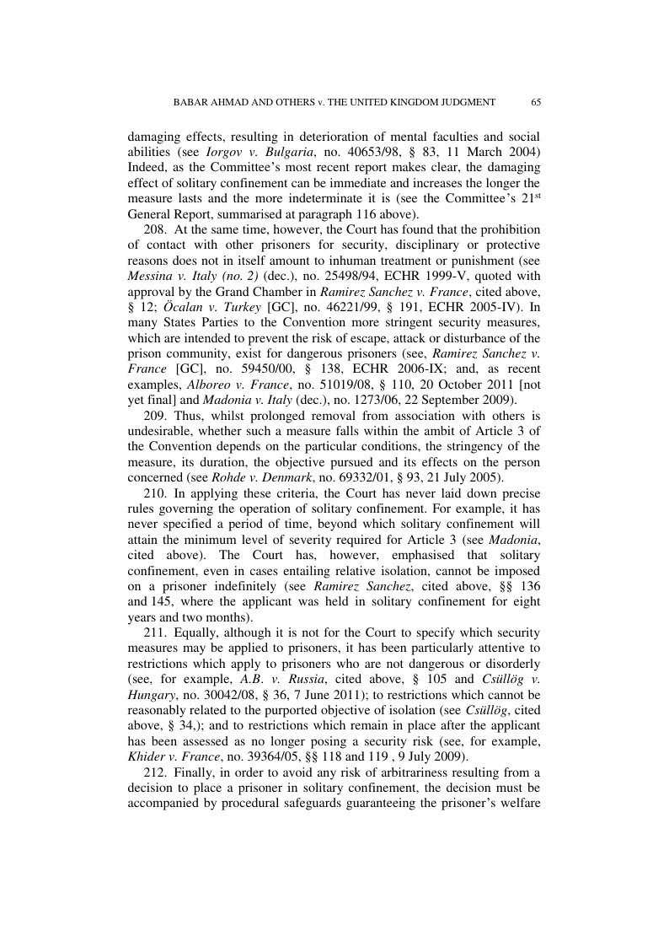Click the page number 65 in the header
(x=536, y=102)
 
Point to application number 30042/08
(x=238, y=697)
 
